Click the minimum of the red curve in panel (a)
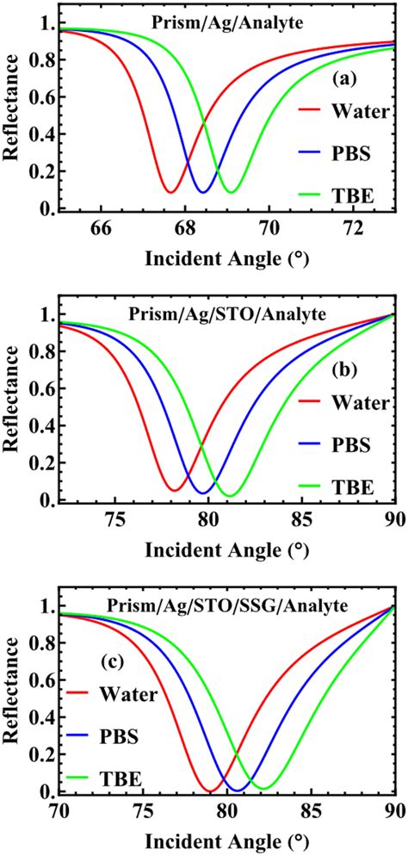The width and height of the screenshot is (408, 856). tap(171, 192)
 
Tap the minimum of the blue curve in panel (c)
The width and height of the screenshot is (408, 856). tap(237, 790)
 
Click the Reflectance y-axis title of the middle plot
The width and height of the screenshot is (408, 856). tap(14, 408)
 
